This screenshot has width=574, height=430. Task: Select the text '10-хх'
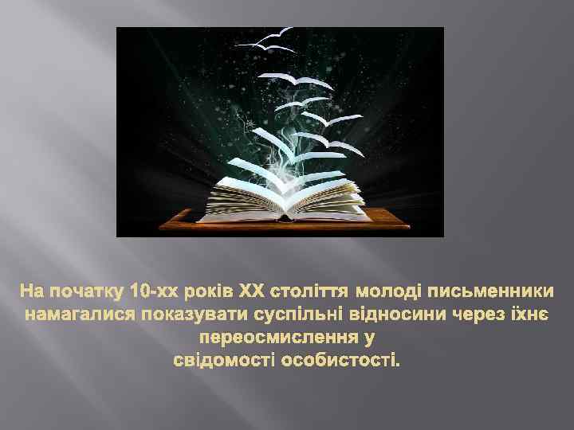[154, 287]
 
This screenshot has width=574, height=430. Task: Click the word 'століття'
[311, 287]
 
